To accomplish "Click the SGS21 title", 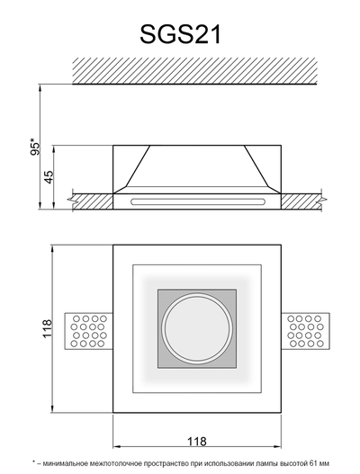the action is tap(181, 34).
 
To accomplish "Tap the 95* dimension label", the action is tap(35, 147).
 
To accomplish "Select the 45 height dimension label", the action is tap(49, 177).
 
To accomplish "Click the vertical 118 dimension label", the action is tap(47, 328).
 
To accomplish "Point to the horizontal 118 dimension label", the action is tap(196, 442).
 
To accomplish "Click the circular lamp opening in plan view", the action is tap(197, 328).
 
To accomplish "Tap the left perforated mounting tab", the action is tap(88, 331).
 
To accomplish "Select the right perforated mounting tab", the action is tap(305, 331).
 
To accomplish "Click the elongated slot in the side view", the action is tap(198, 201).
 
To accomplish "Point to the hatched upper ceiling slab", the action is tap(194, 71).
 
